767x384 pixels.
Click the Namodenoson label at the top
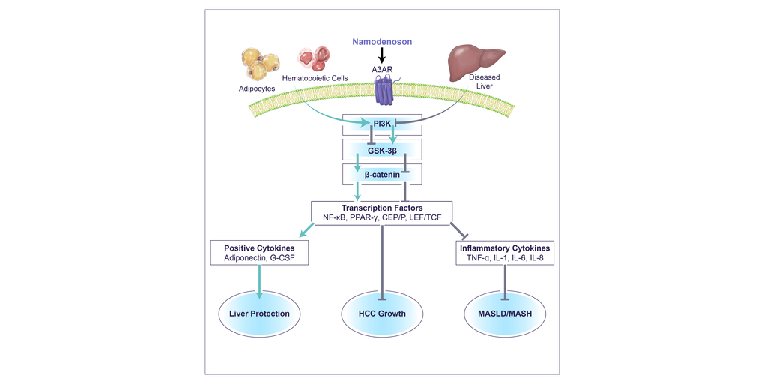[383, 42]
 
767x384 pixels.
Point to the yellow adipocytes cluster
[258, 63]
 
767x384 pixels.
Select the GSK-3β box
[382, 148]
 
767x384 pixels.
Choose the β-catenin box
[382, 175]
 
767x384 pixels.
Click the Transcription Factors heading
[382, 208]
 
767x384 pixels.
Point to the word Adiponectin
[246, 258]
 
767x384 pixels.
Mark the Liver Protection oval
[259, 313]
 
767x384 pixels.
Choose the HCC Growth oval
[383, 313]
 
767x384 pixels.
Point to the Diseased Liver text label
[484, 82]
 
